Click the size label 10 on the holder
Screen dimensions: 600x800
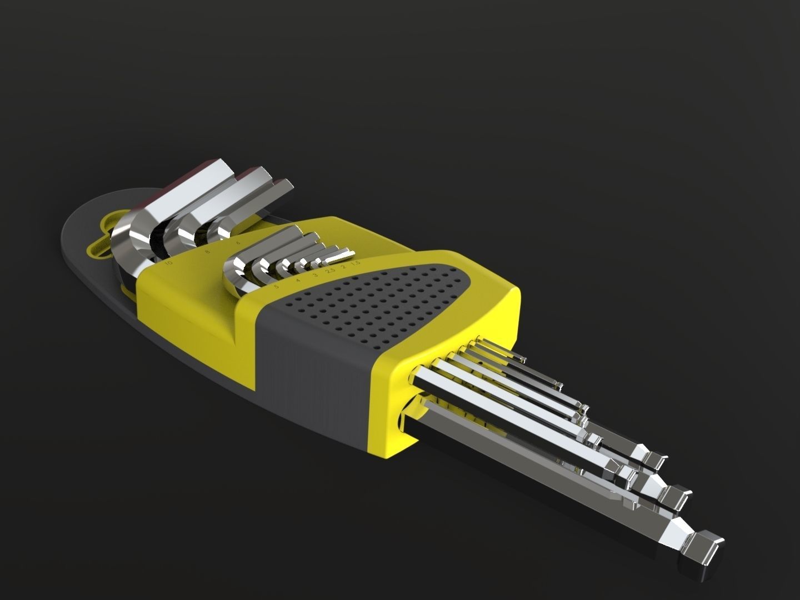(x=169, y=261)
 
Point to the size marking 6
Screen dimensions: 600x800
(x=238, y=243)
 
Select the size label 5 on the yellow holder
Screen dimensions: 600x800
(x=276, y=287)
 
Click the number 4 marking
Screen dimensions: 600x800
(x=298, y=281)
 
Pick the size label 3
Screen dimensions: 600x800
(x=315, y=275)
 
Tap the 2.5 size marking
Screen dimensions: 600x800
(x=330, y=271)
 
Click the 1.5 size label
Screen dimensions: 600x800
(x=356, y=262)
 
